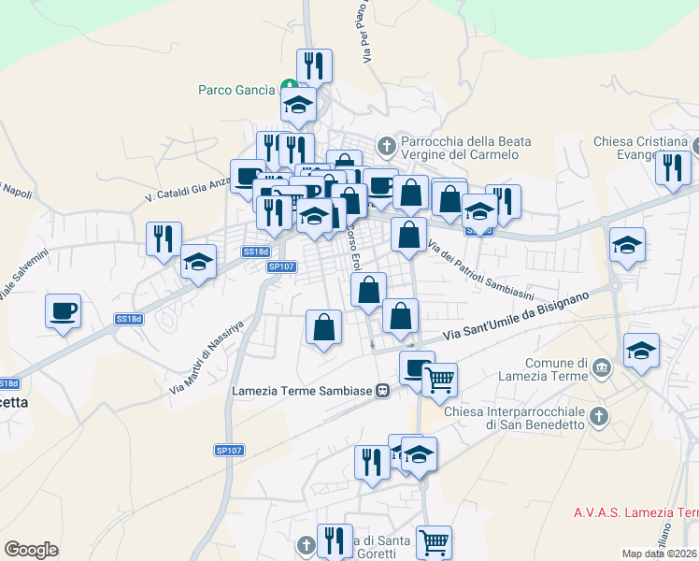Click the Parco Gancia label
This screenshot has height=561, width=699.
236,91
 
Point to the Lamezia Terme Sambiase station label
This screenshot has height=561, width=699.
301,390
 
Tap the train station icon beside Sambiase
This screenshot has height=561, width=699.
382,390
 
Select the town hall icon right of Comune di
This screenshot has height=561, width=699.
602,364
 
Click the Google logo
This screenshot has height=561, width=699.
31,549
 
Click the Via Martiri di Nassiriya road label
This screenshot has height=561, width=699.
206,356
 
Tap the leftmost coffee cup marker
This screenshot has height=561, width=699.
63,310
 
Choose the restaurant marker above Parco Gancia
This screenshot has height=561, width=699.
314,65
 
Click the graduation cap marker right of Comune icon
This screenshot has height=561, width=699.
641,351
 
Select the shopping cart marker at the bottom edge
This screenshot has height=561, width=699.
434,541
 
